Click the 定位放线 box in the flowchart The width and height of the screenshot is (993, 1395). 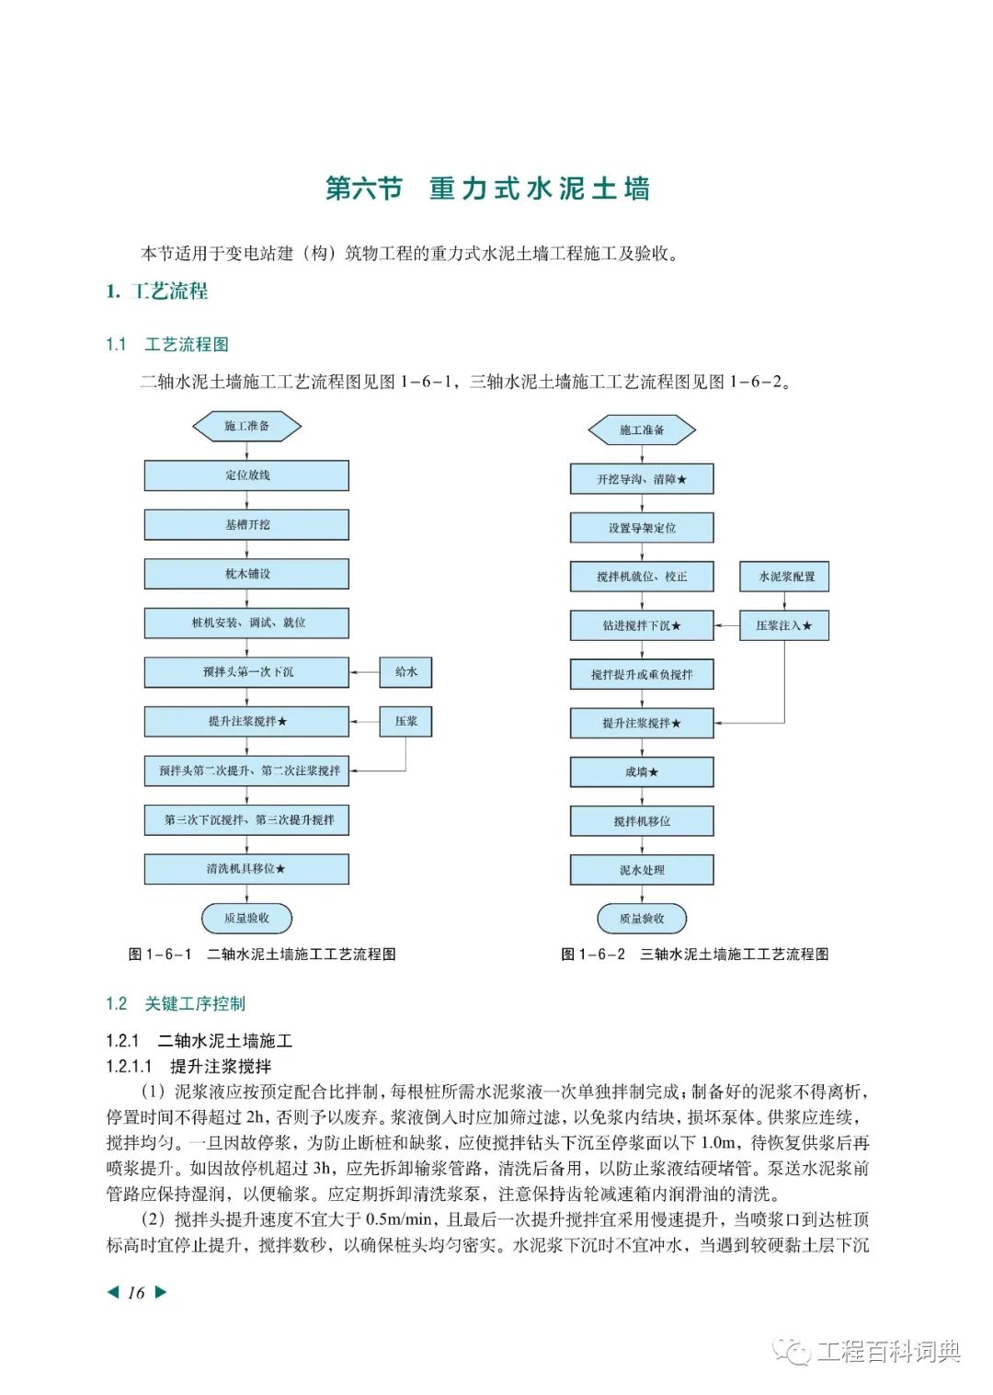[246, 475]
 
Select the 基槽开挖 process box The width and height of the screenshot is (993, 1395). [246, 524]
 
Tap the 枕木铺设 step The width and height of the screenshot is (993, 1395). [246, 574]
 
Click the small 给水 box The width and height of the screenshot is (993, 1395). [405, 672]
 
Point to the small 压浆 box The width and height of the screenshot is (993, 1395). [405, 721]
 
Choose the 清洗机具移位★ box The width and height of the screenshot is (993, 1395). [246, 869]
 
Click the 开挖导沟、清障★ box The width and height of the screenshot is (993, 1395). [642, 479]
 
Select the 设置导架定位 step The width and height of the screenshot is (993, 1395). [642, 528]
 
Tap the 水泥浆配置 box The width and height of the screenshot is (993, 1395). [784, 577]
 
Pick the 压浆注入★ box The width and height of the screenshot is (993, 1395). [784, 625]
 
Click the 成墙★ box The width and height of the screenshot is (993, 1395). [642, 772]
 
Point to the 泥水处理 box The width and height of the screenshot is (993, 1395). [642, 870]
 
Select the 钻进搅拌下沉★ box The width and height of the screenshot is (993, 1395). [642, 625]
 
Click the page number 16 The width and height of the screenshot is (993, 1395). [137, 1293]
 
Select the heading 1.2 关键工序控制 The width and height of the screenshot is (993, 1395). [176, 1003]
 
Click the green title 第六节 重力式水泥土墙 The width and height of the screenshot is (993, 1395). [488, 189]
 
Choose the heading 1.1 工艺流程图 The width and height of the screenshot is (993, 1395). [167, 345]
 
